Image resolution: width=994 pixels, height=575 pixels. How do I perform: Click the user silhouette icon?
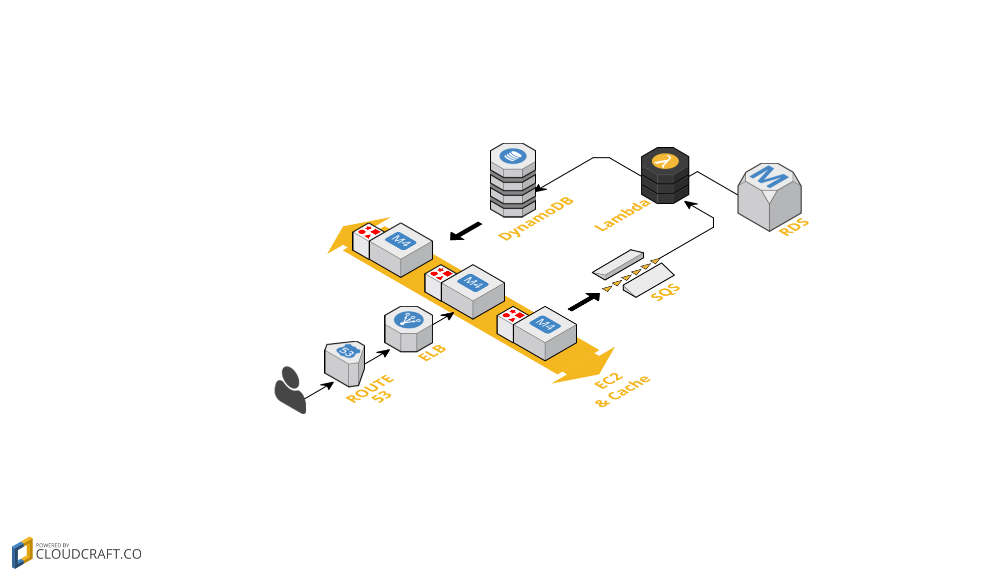pyautogui.click(x=290, y=390)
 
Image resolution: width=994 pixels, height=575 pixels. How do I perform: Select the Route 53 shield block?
pyautogui.click(x=344, y=364)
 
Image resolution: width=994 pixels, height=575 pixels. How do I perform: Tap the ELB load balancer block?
pyautogui.click(x=408, y=329)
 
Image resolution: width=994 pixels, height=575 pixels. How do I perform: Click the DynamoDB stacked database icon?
pyautogui.click(x=513, y=180)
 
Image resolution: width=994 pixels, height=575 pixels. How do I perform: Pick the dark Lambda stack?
pyautogui.click(x=665, y=176)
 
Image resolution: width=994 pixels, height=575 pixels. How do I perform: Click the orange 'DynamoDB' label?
pyautogui.click(x=536, y=219)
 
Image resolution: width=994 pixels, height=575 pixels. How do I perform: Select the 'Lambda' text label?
pyautogui.click(x=622, y=215)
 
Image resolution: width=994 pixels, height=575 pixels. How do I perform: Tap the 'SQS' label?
pyautogui.click(x=665, y=292)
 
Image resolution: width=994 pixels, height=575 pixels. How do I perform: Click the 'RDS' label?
pyautogui.click(x=794, y=227)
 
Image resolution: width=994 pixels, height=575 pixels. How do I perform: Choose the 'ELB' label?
pyautogui.click(x=432, y=353)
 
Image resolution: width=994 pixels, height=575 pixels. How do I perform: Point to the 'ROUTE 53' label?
pyautogui.click(x=371, y=390)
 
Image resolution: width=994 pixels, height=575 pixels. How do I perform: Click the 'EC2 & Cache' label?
pyautogui.click(x=622, y=390)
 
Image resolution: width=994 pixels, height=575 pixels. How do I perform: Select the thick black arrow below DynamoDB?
pyautogui.click(x=465, y=231)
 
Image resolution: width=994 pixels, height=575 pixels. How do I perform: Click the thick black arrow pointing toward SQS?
pyautogui.click(x=584, y=302)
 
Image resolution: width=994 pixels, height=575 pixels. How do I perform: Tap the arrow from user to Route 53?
pyautogui.click(x=319, y=391)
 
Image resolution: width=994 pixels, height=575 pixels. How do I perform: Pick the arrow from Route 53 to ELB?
pyautogui.click(x=377, y=357)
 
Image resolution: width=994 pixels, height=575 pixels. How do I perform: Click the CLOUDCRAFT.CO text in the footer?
pyautogui.click(x=89, y=554)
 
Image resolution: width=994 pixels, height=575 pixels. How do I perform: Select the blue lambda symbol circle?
pyautogui.click(x=665, y=161)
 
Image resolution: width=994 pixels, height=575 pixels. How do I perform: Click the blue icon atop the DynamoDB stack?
pyautogui.click(x=513, y=156)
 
